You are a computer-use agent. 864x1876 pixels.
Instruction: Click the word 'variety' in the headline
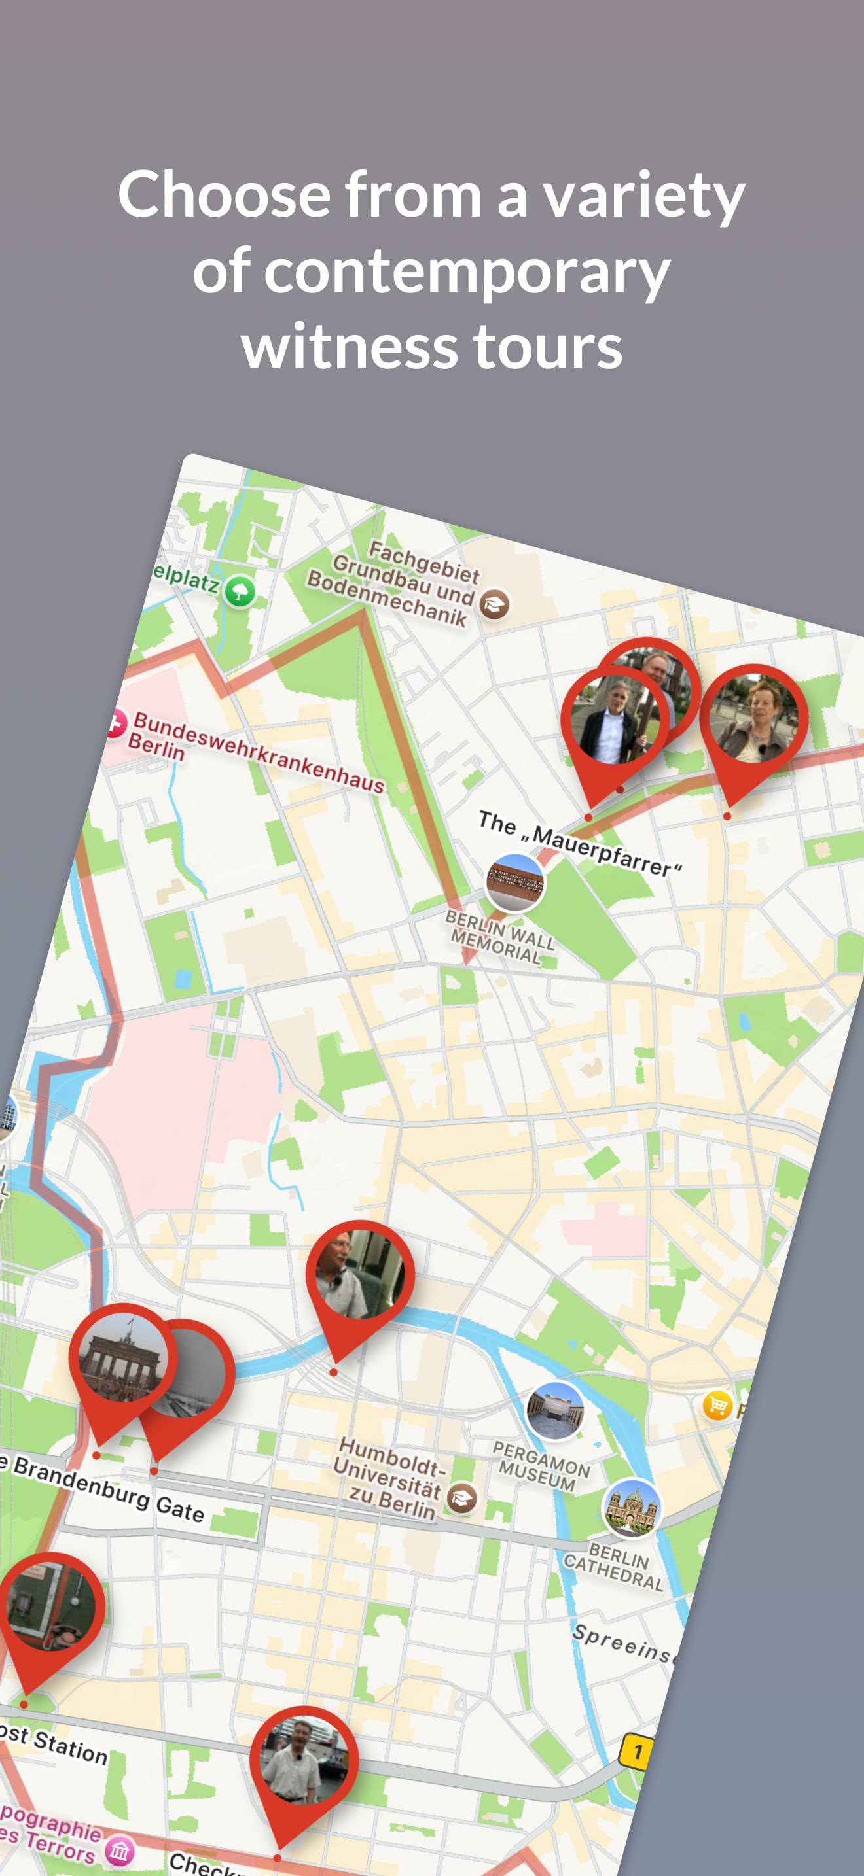tap(643, 195)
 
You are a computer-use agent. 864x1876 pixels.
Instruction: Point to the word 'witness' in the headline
tap(349, 347)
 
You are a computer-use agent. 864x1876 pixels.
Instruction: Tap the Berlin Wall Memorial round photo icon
tap(515, 882)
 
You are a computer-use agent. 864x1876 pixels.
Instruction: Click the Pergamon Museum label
tap(541, 1464)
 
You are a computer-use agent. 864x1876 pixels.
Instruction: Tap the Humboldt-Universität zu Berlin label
tap(389, 1478)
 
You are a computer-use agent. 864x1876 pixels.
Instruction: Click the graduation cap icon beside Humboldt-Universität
tap(462, 1497)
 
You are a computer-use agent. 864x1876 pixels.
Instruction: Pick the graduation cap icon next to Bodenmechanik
tap(494, 604)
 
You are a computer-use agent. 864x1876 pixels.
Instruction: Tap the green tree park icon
tap(240, 591)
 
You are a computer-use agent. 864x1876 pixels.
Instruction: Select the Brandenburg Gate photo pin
tap(122, 1359)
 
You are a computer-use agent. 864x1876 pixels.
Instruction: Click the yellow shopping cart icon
tap(717, 1405)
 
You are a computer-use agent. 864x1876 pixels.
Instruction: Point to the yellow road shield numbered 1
tap(637, 1752)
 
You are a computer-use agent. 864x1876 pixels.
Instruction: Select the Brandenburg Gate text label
tap(105, 1486)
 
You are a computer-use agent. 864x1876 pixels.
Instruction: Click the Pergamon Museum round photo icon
tap(555, 1412)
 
